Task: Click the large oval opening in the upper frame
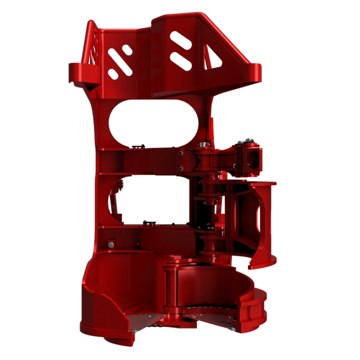[x=153, y=123]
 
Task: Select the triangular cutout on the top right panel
[x=214, y=58]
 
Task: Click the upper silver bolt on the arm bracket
[x=181, y=153]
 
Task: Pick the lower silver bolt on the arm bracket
[x=181, y=169]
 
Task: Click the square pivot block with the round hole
[x=250, y=158]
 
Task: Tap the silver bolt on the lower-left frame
[x=111, y=244]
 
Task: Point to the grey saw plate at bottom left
[x=145, y=321]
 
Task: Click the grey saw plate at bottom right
[x=211, y=313]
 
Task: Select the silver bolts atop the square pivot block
[x=246, y=140]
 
